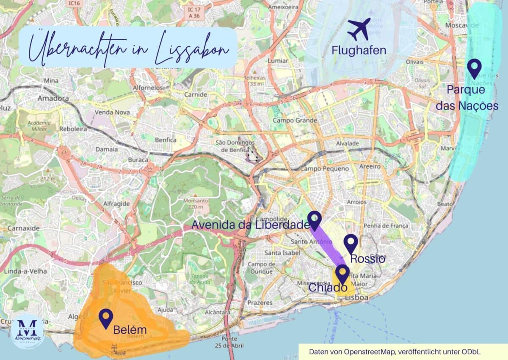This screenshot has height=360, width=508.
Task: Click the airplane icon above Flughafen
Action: [x=359, y=29]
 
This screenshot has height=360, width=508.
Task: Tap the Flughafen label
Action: [x=359, y=50]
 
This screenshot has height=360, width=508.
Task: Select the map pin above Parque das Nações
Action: [x=474, y=68]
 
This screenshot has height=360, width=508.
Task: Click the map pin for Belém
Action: [x=105, y=318]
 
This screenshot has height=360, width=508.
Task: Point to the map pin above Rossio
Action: [x=351, y=243]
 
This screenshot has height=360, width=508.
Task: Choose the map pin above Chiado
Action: [x=342, y=274]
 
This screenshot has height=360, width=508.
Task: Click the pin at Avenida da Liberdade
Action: [x=314, y=220]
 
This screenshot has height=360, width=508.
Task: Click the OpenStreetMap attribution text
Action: [x=395, y=352]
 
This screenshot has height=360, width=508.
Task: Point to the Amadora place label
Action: [x=53, y=98]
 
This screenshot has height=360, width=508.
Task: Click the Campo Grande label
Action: [x=295, y=121]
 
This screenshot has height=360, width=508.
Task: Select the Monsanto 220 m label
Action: [x=193, y=204]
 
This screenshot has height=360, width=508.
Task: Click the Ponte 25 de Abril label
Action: [x=229, y=341]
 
